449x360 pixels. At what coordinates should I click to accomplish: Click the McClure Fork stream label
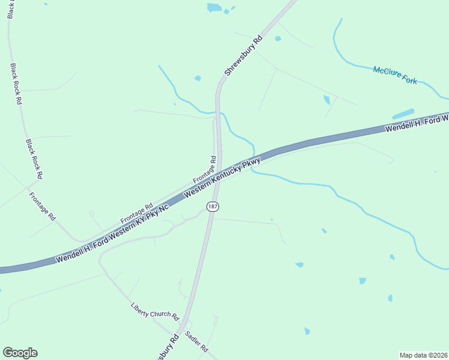[x=395, y=75]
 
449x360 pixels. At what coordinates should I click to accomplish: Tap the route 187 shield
[x=212, y=206]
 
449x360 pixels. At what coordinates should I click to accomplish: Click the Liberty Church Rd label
[x=155, y=311]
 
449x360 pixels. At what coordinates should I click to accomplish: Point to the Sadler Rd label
[x=196, y=341]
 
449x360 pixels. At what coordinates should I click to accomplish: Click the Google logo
[x=20, y=353]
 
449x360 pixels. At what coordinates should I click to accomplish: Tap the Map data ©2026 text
[x=424, y=355]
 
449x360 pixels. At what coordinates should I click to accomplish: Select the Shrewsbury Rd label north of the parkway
[x=243, y=56]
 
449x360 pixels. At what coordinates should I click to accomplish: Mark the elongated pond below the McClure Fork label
[x=403, y=113]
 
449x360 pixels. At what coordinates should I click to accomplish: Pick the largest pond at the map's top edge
[x=214, y=8]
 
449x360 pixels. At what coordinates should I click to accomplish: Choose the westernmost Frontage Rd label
[x=42, y=206]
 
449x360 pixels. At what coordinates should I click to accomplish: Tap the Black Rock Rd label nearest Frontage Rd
[x=34, y=160]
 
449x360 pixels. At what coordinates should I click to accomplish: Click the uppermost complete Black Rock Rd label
[x=16, y=84]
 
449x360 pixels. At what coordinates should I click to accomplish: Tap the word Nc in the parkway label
[x=163, y=208]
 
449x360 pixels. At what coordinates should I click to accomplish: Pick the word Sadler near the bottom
[x=192, y=338]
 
